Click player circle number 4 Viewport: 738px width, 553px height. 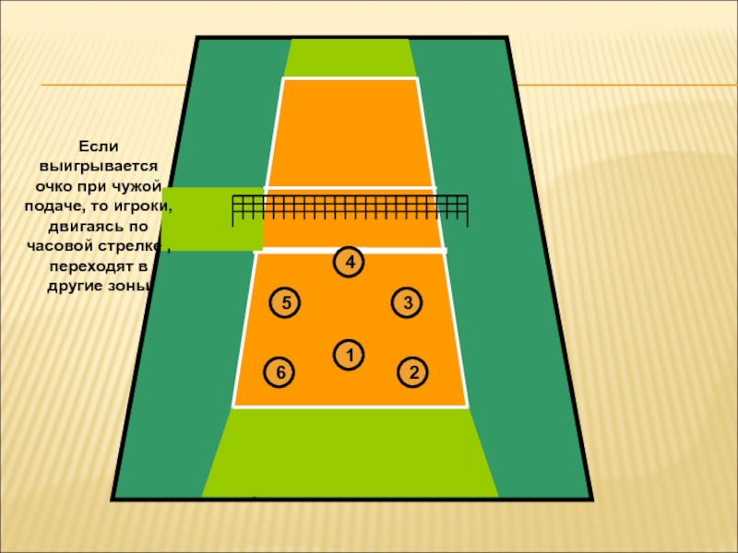pyautogui.click(x=349, y=263)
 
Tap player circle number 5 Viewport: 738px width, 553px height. pyautogui.click(x=285, y=302)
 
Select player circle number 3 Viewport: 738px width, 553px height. pyautogui.click(x=406, y=302)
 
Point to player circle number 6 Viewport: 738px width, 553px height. pyautogui.click(x=280, y=372)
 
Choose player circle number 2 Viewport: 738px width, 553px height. pyautogui.click(x=413, y=372)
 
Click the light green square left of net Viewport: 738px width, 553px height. pyautogui.click(x=211, y=218)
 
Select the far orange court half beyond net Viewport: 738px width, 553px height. pyautogui.click(x=351, y=134)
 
